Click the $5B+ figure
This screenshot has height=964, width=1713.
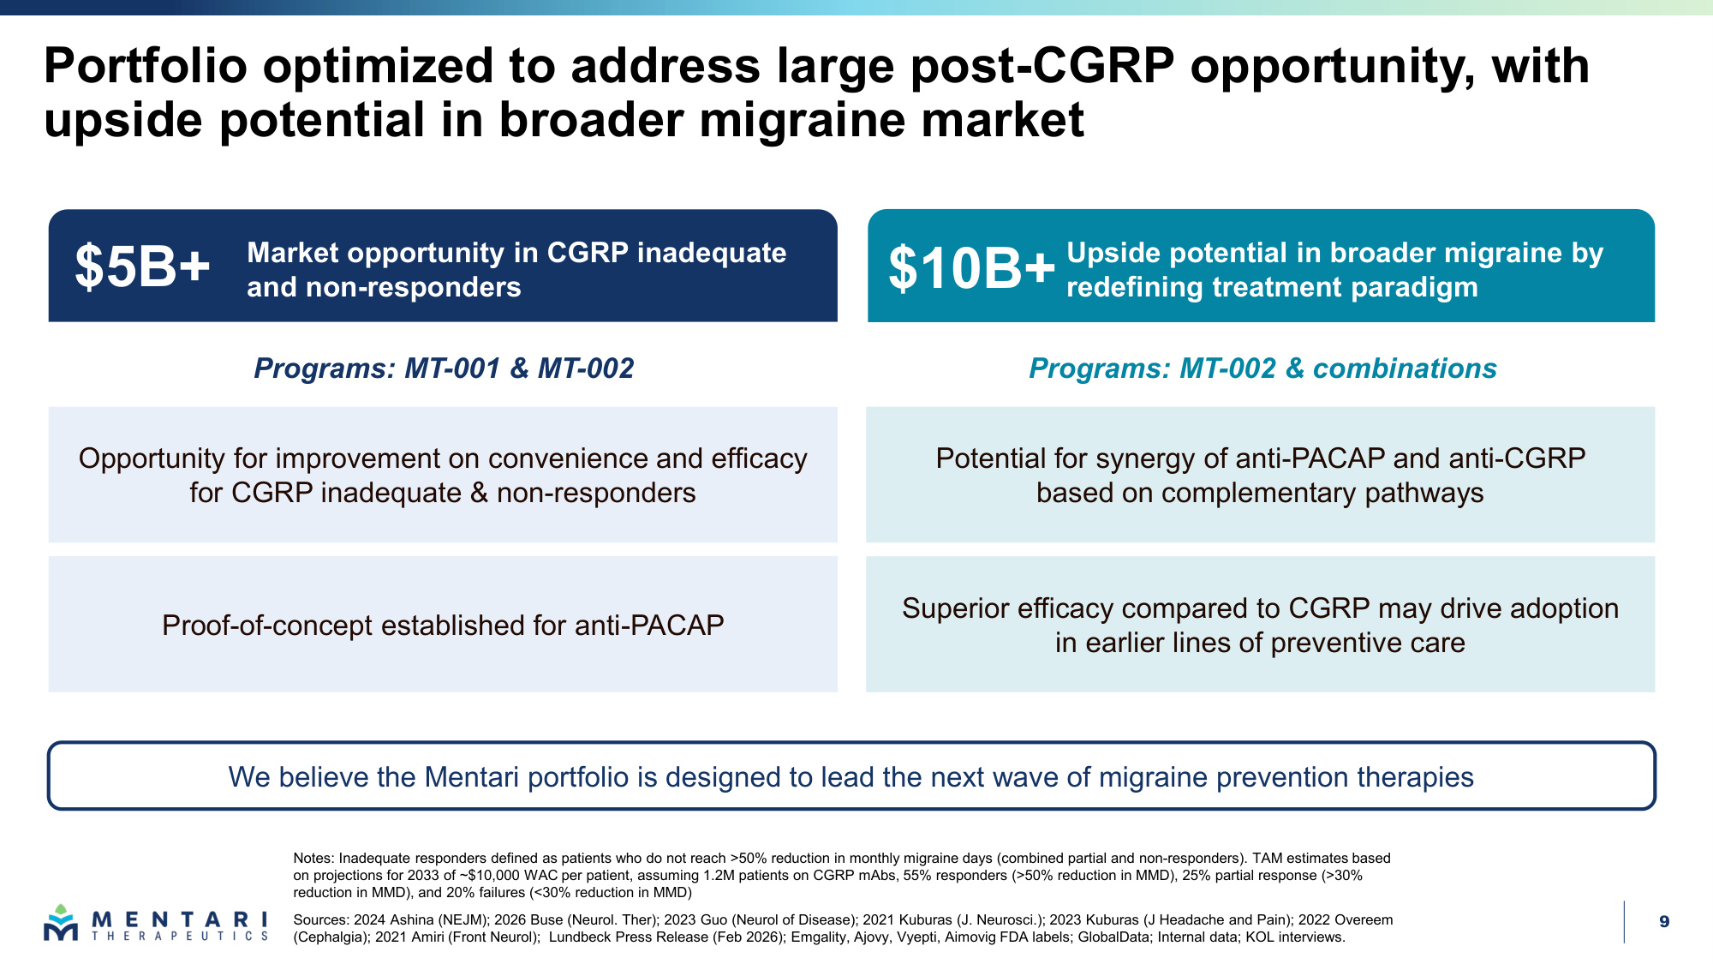[142, 266]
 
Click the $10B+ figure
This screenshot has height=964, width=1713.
[972, 268]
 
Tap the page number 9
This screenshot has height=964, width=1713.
[1664, 922]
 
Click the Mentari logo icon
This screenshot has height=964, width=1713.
[61, 923]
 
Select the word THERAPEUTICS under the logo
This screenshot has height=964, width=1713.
[180, 937]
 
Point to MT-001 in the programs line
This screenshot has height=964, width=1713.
[452, 368]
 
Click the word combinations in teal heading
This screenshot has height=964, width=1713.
[1405, 368]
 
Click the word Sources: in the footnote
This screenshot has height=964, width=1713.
[321, 920]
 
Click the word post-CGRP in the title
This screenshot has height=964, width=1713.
[1042, 67]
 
